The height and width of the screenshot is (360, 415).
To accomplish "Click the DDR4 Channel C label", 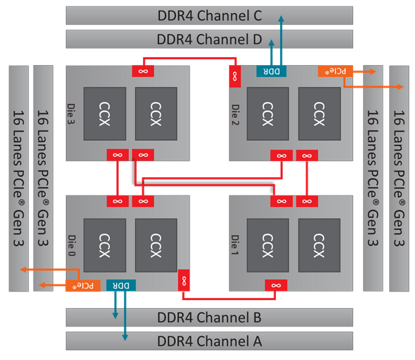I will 209,15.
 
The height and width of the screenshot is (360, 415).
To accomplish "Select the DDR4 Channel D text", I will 209,39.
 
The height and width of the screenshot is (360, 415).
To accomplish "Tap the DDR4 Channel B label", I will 209,318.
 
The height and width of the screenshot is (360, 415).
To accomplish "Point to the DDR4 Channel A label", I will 209,342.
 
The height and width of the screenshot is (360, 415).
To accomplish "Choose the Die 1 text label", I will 236,242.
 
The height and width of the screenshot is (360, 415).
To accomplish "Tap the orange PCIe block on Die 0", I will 85,286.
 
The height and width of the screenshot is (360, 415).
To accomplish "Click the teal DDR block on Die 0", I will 121,286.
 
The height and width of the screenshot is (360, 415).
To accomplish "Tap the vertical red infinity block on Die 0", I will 183,280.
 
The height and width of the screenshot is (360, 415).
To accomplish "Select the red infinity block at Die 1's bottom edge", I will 276,285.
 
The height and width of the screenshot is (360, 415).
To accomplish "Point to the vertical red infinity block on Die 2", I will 234,76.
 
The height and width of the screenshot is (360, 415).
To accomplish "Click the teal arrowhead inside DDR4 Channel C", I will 281,19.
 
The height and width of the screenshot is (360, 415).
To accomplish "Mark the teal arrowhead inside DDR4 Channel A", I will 125,336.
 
